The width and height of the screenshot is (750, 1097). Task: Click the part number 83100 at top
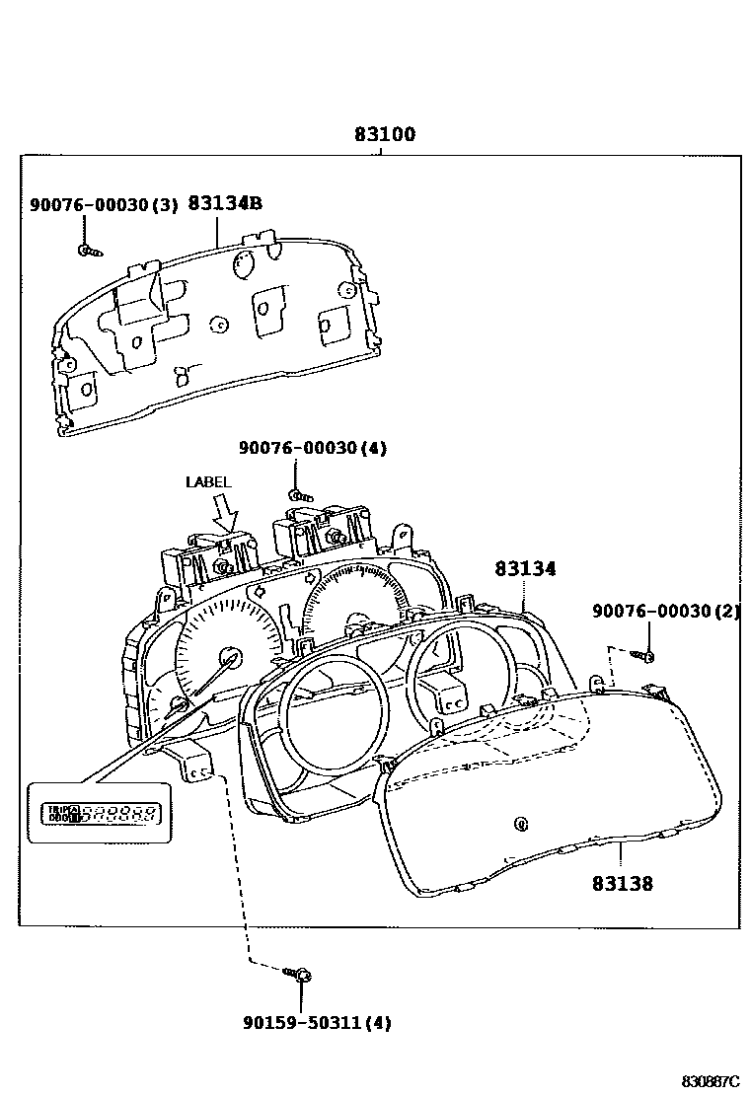tap(385, 135)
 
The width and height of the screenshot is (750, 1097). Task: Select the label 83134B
tap(225, 203)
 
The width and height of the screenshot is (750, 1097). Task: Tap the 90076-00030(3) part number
tap(104, 204)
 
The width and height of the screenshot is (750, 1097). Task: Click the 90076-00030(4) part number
tap(312, 448)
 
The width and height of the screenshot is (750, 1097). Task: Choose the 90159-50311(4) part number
tap(317, 1023)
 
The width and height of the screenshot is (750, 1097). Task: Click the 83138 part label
tap(622, 884)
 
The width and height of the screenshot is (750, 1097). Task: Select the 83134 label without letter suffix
tap(525, 569)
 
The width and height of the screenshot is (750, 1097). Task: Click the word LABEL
tap(208, 482)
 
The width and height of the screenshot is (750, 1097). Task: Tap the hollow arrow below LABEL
tap(227, 514)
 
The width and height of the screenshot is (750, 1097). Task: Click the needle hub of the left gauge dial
tap(230, 657)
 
